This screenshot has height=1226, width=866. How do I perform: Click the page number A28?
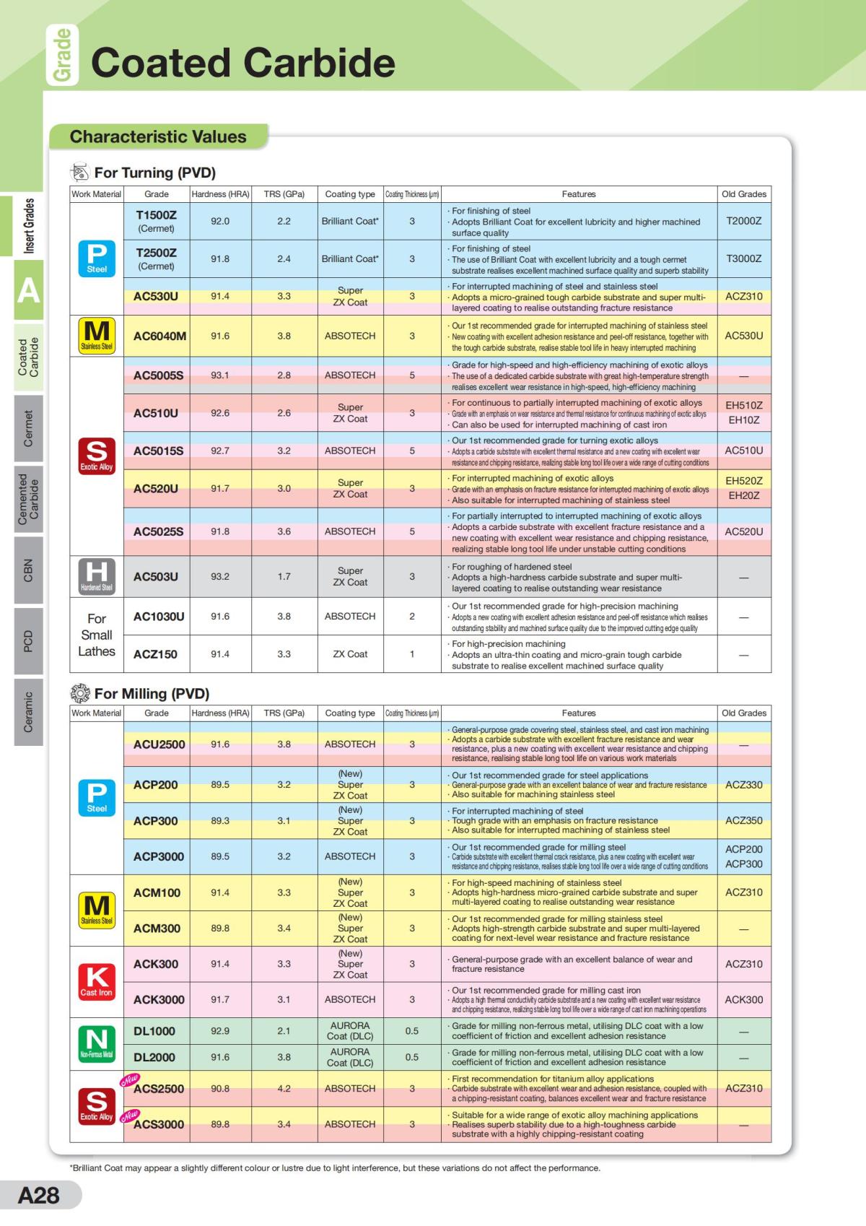[x=39, y=1194]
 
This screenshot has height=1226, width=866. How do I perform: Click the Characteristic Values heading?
[x=158, y=136]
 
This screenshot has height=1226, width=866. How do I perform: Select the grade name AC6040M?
[x=159, y=336]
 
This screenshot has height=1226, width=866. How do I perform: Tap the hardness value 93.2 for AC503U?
[x=220, y=576]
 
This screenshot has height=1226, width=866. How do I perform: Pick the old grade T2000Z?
[x=743, y=221]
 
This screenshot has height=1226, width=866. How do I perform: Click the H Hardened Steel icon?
[x=97, y=576]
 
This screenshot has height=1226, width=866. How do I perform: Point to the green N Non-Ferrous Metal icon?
[x=97, y=1043]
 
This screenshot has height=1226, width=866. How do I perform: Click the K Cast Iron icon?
[x=97, y=981]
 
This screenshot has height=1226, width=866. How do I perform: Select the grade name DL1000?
[x=154, y=1031]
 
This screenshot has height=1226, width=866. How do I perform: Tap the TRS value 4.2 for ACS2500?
[x=284, y=1088]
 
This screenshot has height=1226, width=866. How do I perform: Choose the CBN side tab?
[x=28, y=570]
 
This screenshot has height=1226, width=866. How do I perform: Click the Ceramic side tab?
[x=28, y=711]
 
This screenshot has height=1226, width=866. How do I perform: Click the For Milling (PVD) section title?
[x=152, y=694]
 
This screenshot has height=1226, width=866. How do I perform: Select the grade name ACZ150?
[x=155, y=654]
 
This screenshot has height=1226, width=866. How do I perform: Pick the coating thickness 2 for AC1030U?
[x=412, y=617]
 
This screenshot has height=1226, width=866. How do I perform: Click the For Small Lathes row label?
[x=97, y=635]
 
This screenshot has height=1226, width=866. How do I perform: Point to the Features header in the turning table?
[x=579, y=194]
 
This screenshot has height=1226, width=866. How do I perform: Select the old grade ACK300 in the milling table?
[x=743, y=999]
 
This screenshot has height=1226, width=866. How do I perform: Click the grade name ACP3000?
[x=159, y=856]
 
